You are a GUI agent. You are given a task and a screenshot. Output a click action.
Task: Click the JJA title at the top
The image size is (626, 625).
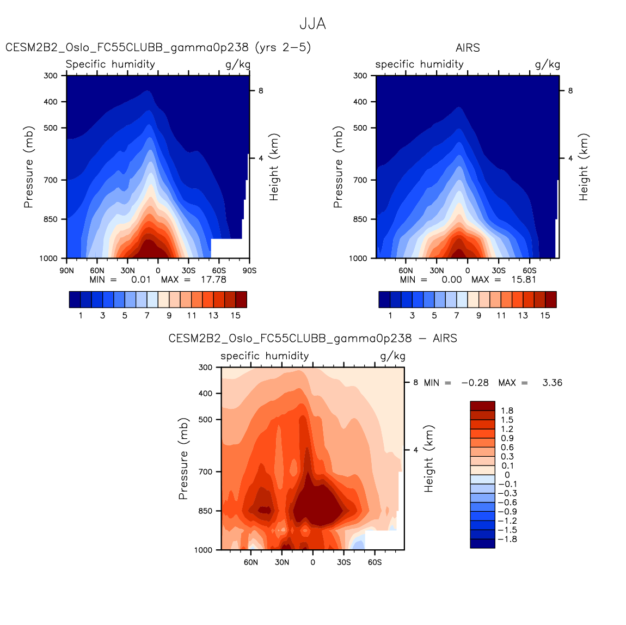point(312,24)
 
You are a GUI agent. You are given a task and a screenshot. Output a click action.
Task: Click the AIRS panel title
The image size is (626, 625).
point(468,48)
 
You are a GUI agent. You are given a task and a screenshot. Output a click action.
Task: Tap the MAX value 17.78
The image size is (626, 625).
point(213,279)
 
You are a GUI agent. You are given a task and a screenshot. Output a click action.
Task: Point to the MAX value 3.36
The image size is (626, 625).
point(552,383)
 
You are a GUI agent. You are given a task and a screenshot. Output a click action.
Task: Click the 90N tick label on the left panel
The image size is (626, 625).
point(66,270)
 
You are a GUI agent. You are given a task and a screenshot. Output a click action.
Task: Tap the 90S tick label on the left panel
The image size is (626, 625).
point(249,270)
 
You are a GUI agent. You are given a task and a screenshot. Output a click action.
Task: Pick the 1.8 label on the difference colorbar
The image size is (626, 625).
point(507,411)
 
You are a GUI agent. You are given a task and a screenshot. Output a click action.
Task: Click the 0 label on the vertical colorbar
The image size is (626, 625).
point(507,475)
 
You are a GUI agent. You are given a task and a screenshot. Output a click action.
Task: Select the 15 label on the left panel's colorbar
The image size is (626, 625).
point(235,315)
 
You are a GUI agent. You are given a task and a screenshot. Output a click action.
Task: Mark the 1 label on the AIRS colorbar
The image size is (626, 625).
point(390,315)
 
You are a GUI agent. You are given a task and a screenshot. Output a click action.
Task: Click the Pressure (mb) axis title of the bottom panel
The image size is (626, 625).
point(183,458)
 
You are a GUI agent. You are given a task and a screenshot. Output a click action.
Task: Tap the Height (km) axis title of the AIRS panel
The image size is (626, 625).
point(584,167)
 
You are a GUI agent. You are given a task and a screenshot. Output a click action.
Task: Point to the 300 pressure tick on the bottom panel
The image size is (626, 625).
point(205,367)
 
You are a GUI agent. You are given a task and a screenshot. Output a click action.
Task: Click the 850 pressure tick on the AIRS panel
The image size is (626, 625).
point(360,219)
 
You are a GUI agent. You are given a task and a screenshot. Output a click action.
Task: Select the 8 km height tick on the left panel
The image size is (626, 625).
point(261,91)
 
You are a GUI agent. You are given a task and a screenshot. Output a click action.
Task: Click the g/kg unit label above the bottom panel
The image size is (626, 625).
point(392,356)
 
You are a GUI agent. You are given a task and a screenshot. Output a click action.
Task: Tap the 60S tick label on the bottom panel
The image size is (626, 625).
point(375,562)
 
